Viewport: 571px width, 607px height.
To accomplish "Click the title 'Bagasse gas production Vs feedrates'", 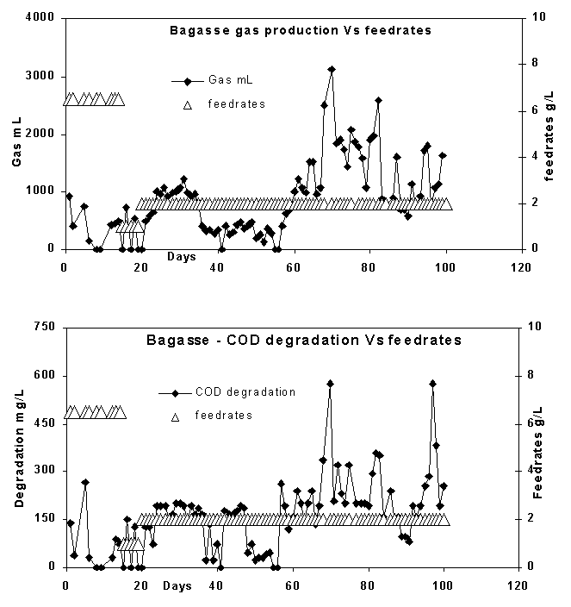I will [299, 31].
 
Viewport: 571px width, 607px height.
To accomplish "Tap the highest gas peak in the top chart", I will [332, 69].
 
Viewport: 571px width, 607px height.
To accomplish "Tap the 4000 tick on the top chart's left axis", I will [41, 18].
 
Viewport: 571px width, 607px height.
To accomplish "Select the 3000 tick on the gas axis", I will [41, 76].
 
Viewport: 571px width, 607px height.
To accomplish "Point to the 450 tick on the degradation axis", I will [45, 423].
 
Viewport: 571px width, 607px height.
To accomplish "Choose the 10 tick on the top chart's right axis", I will [536, 18].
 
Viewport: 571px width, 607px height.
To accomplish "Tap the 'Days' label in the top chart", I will [181, 256].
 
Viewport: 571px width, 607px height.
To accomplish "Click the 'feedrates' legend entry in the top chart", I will [236, 104].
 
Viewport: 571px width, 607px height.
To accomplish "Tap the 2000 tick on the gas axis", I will [41, 134].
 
